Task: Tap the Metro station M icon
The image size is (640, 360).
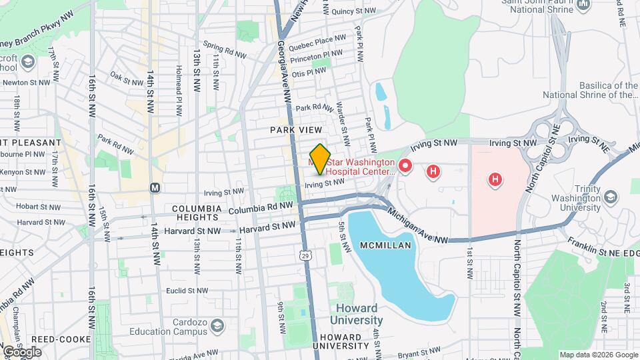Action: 155,187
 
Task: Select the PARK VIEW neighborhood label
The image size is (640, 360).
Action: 296,129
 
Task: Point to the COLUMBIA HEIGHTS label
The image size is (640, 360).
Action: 196,209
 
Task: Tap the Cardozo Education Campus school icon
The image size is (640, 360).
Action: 217,325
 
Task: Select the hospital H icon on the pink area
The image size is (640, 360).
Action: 495,179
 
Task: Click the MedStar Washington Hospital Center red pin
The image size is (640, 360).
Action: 404,165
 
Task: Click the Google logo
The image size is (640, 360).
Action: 22,351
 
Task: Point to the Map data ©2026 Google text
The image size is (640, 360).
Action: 598,355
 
